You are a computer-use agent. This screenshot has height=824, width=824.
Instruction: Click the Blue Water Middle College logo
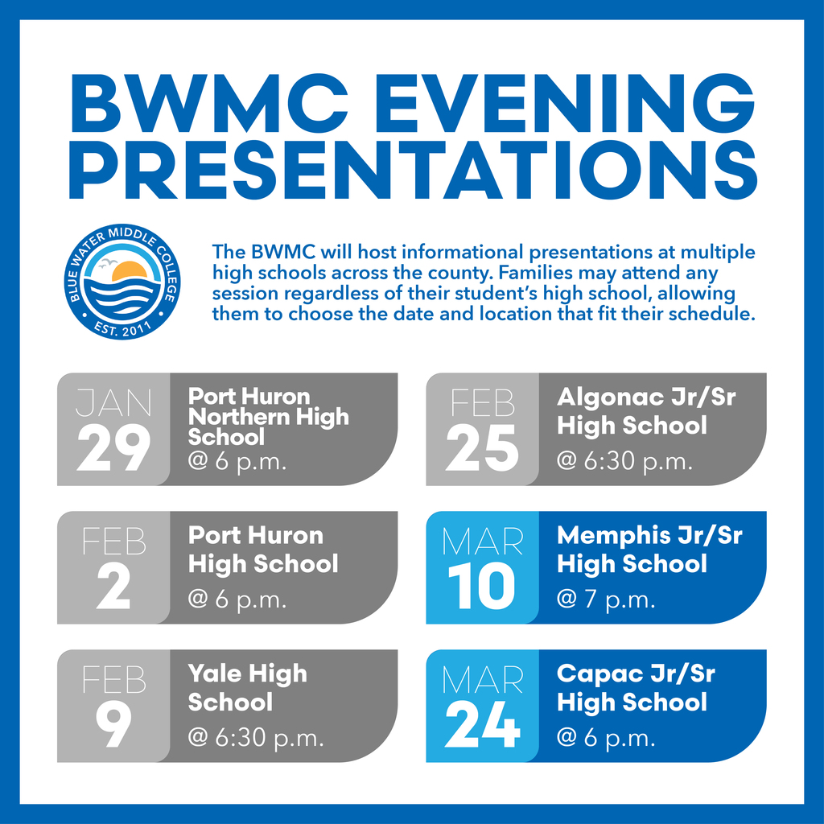click(123, 283)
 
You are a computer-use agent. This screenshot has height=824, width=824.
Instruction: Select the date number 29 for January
click(113, 448)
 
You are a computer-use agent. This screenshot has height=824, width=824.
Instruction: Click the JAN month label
click(113, 402)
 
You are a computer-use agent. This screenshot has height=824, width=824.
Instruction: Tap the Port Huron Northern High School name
click(268, 417)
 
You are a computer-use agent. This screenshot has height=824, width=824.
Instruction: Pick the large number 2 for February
click(113, 587)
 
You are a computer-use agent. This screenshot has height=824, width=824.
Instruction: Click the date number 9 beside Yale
click(113, 726)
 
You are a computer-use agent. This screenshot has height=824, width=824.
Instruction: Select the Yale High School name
click(247, 687)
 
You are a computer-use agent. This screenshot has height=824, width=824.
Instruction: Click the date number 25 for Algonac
click(482, 448)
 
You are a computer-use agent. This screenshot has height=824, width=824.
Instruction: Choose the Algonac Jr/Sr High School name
click(645, 410)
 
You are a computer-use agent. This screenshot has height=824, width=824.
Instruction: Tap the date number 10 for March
click(482, 587)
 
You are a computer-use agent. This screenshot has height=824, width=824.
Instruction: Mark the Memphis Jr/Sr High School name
click(649, 550)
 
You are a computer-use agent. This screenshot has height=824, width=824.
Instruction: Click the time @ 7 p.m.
click(606, 600)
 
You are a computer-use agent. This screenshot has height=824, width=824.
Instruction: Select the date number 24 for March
click(482, 726)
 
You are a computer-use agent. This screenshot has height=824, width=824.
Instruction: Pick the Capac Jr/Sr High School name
click(635, 687)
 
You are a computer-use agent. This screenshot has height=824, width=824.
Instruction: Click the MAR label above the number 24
click(482, 680)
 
